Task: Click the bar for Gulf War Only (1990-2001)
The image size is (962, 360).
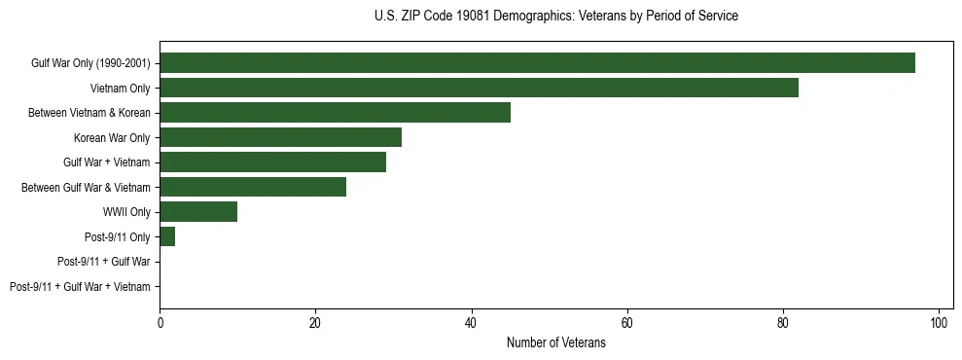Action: tap(537, 63)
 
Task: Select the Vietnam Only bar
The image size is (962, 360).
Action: tap(479, 88)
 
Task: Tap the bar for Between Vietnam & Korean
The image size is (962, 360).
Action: tap(335, 113)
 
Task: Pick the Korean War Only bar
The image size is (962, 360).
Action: tap(280, 137)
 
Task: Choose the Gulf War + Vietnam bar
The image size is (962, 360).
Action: tap(272, 162)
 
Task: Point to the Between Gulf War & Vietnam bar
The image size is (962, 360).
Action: tap(253, 187)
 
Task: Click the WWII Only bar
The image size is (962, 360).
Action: tap(198, 212)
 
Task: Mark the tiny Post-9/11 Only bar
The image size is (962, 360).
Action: tap(167, 236)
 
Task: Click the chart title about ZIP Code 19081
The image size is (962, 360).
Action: tap(555, 17)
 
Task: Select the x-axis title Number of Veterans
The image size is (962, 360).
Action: tap(555, 343)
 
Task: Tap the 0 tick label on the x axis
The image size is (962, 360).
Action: tap(160, 323)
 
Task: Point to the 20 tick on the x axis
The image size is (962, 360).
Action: tap(315, 323)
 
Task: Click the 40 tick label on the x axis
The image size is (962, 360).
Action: tap(471, 323)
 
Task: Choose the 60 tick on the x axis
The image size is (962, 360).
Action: tap(626, 323)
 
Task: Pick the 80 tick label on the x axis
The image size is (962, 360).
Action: tap(783, 323)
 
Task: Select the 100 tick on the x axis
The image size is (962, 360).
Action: tap(939, 323)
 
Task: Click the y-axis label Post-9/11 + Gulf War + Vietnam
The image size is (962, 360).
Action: tap(80, 287)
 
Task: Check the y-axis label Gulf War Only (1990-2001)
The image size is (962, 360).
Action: tap(90, 64)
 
